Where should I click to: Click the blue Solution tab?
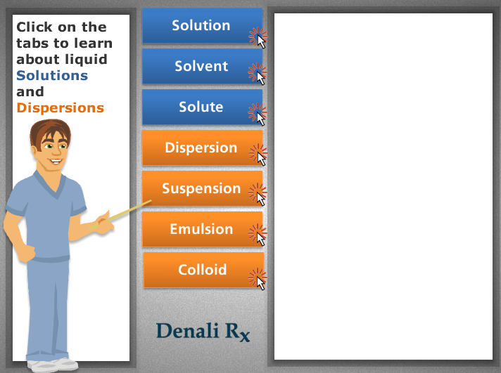click(202, 25)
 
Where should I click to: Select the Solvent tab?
click(202, 66)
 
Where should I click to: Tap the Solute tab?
click(202, 107)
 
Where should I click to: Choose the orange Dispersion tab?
click(202, 148)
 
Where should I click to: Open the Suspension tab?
click(202, 188)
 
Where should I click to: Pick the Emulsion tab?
click(202, 229)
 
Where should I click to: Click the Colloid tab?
click(203, 270)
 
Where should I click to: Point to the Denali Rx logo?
click(203, 332)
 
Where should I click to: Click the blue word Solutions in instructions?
click(52, 76)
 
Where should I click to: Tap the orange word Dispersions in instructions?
click(61, 108)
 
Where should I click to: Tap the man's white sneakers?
click(53, 365)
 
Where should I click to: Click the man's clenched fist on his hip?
click(25, 252)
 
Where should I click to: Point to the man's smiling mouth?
click(56, 162)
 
